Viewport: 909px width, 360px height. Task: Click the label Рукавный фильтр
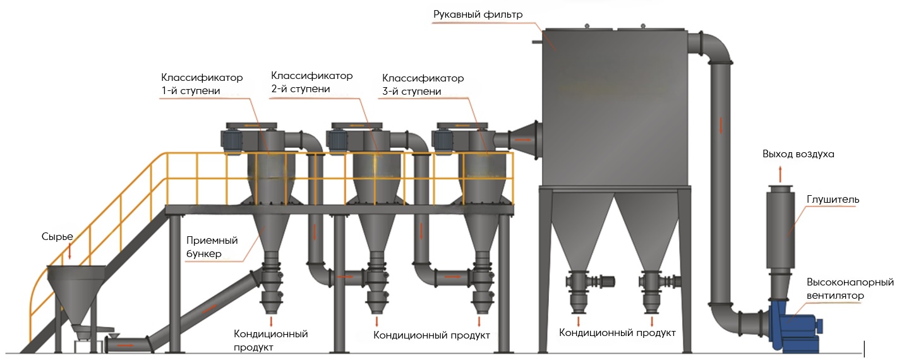(x=478, y=15)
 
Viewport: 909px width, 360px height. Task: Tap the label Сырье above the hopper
(x=57, y=237)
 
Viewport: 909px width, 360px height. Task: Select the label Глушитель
(x=833, y=200)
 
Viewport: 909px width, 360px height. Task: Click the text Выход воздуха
(x=798, y=154)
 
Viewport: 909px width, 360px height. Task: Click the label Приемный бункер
(x=212, y=247)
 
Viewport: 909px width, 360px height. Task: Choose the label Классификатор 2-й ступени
(x=311, y=82)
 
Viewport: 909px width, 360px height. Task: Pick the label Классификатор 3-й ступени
(x=423, y=85)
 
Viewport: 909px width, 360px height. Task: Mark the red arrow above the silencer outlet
(x=781, y=171)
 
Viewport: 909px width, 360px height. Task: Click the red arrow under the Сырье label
(x=69, y=251)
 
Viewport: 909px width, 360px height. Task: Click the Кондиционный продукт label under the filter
(x=617, y=333)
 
